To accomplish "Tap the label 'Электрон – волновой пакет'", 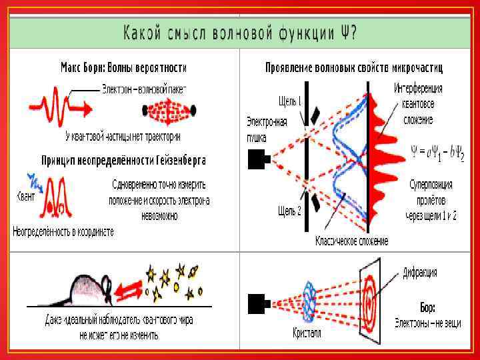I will pyautogui.click(x=145, y=88).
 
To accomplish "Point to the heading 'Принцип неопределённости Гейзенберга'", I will pyautogui.click(x=123, y=161).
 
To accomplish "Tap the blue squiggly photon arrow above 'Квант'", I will pyautogui.click(x=30, y=179).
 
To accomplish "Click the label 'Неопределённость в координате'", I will pyautogui.click(x=63, y=231).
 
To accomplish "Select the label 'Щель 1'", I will pyautogui.click(x=290, y=101).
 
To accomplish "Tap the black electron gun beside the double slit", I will pyautogui.click(x=258, y=159).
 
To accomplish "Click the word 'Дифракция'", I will pyautogui.click(x=420, y=273).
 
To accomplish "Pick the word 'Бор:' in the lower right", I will pyautogui.click(x=427, y=308).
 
